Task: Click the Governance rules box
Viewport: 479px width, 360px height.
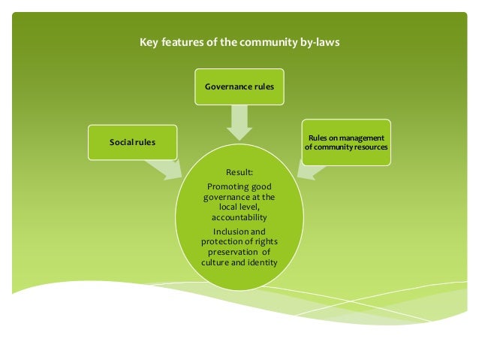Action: pos(239,87)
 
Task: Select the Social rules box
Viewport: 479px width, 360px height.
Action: pos(132,143)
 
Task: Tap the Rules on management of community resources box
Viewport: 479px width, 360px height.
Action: pos(345,142)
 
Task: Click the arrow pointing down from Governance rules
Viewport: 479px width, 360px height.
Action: pos(239,122)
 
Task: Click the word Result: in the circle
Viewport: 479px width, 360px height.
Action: pos(239,172)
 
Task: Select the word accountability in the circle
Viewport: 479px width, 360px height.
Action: pos(239,216)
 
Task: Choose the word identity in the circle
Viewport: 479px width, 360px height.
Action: pos(261,262)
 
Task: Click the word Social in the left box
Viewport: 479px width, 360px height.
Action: pos(122,143)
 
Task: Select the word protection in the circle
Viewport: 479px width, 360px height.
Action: pos(224,241)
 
